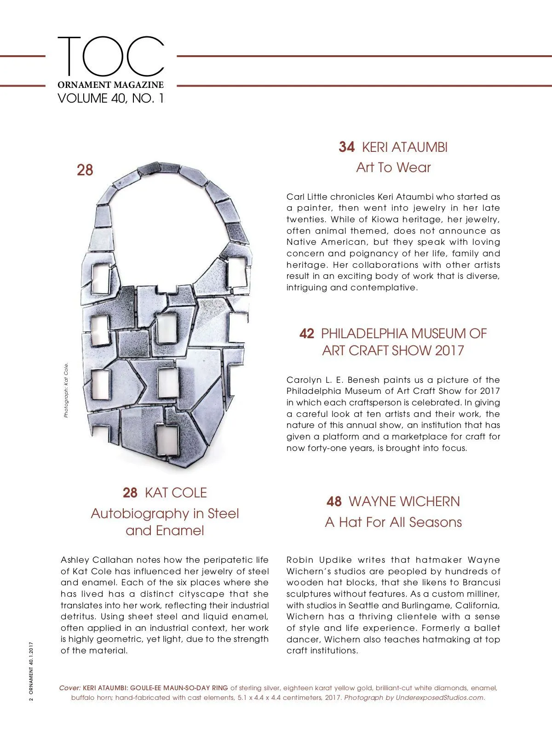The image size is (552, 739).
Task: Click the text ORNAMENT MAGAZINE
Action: coord(110,85)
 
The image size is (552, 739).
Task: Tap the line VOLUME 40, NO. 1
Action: coord(110,98)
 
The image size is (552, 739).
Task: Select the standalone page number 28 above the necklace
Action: coord(85,170)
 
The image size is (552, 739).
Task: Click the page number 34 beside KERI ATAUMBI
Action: coord(346,147)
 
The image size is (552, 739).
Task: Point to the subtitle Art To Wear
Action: coord(393,167)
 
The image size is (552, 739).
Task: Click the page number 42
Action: coord(307,334)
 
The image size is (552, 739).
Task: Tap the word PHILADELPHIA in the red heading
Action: coord(357,334)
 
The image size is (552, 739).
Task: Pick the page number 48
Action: coord(334,502)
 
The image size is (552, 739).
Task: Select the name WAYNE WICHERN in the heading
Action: coord(404,502)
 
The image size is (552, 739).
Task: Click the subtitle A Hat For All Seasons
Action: coord(393,522)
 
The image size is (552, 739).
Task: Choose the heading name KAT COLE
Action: coord(176,493)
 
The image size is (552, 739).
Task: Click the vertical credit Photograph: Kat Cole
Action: coord(66,390)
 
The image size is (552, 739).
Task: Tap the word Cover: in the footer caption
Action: coord(70,688)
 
